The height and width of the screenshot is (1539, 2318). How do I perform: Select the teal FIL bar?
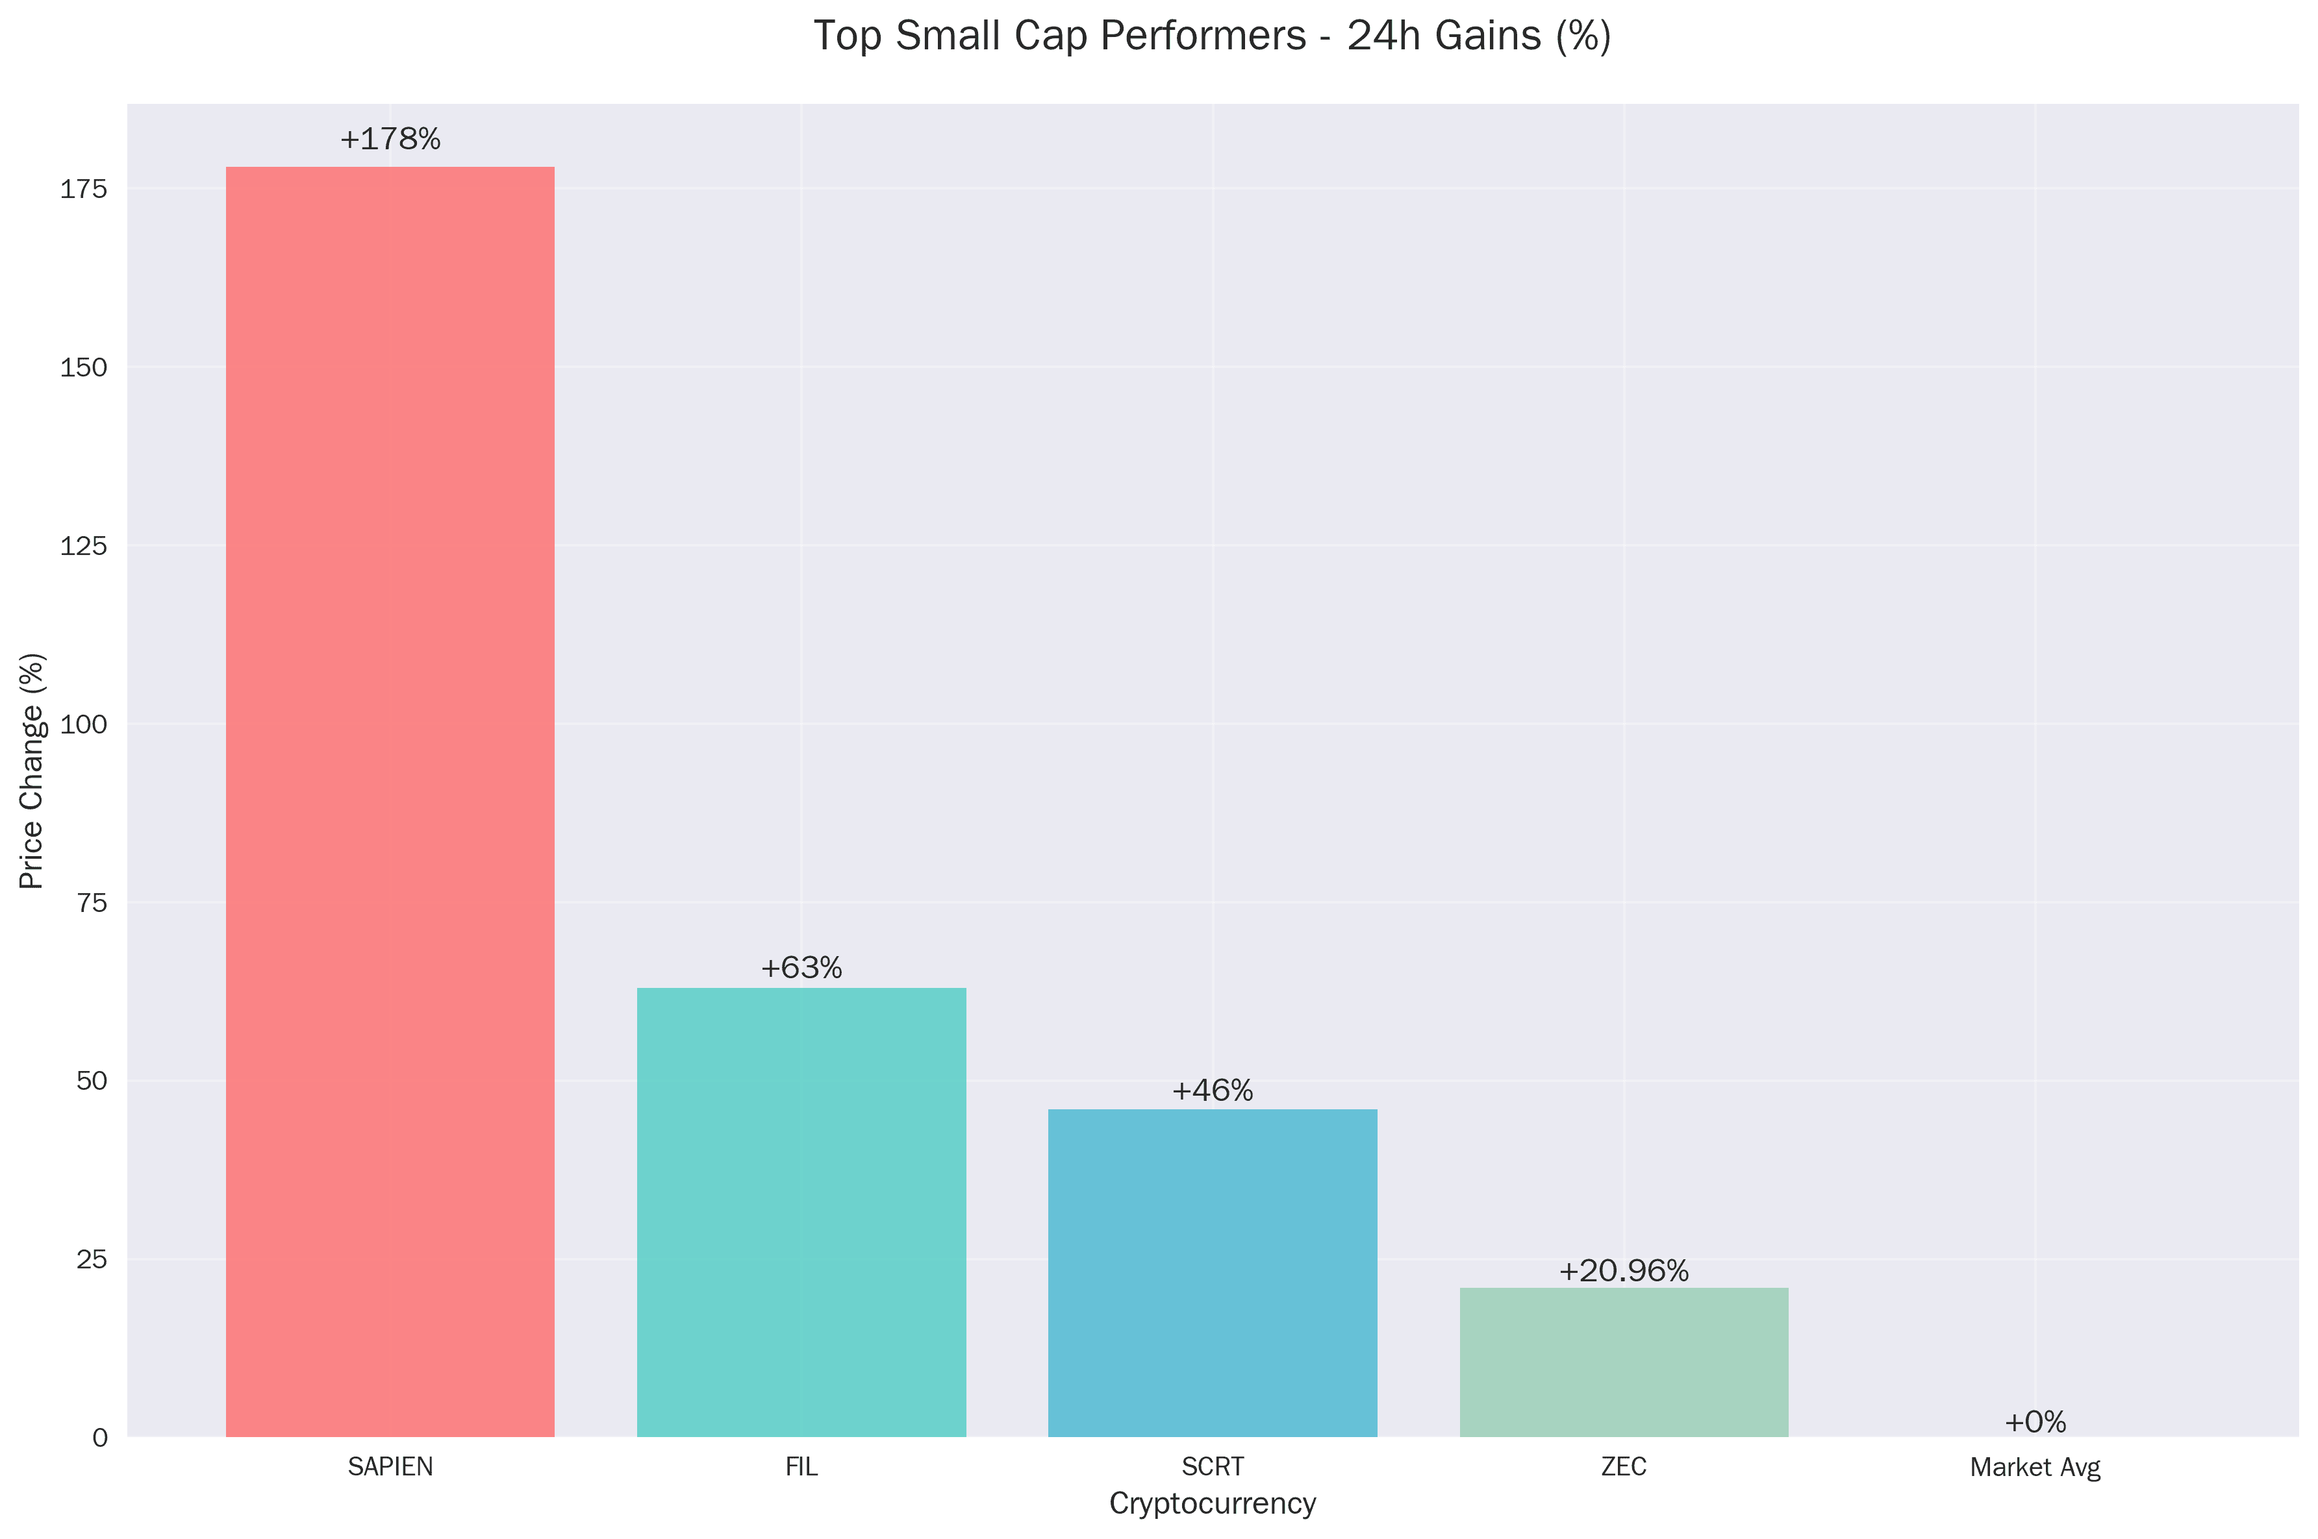pos(801,1211)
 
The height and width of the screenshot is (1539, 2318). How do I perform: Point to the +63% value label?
pos(801,968)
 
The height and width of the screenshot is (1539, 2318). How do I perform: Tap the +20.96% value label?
pos(1623,1271)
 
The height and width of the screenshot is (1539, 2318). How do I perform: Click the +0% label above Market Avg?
pos(2034,1422)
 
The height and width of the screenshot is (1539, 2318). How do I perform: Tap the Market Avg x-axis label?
pos(2034,1468)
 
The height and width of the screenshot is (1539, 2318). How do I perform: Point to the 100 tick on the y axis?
pos(83,725)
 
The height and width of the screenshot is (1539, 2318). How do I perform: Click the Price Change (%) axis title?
pos(32,770)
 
